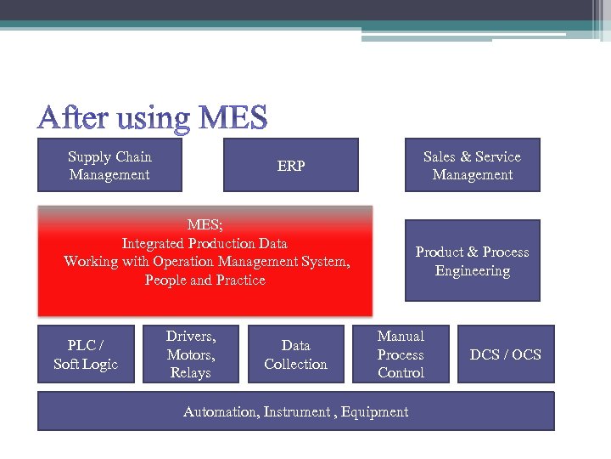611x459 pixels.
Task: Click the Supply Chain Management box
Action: click(x=109, y=166)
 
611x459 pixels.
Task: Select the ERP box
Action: click(x=290, y=166)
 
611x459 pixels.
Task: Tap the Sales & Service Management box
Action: click(x=472, y=166)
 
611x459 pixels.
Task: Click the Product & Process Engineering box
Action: click(x=472, y=261)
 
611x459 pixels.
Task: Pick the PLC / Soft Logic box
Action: click(x=86, y=354)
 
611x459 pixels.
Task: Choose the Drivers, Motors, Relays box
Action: click(x=190, y=354)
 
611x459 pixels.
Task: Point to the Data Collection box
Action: click(x=295, y=354)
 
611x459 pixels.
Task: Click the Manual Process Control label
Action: click(x=401, y=354)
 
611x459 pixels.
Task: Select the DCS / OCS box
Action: click(x=506, y=354)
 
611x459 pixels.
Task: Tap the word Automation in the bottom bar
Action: click(x=220, y=412)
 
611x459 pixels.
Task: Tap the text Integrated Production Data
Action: click(x=205, y=244)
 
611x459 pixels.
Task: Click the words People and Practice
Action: click(x=205, y=280)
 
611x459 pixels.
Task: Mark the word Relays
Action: click(x=190, y=373)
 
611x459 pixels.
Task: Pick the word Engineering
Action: click(x=473, y=271)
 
